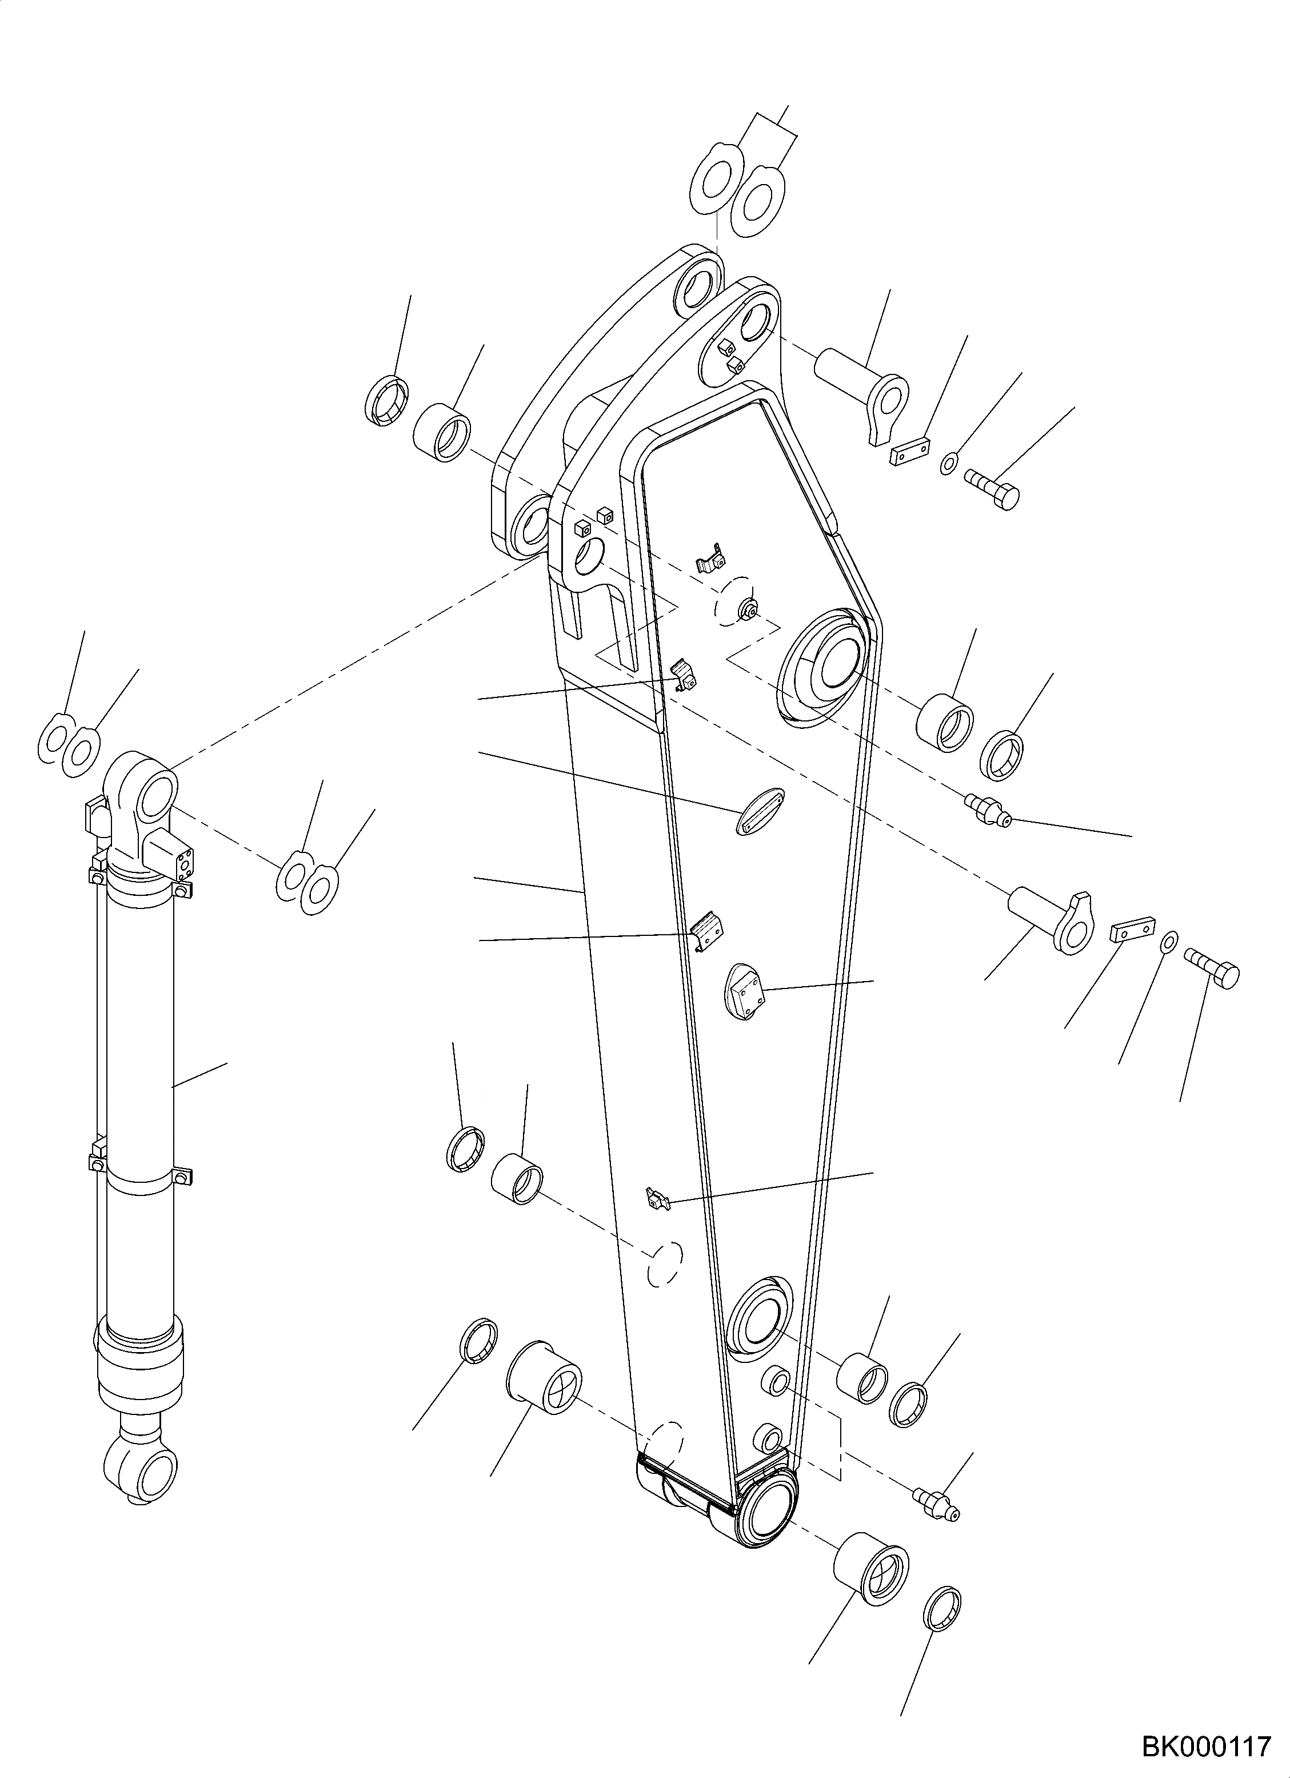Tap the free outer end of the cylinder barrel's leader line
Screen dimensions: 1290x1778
pos(227,1063)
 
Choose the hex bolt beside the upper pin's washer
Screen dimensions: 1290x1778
pos(992,488)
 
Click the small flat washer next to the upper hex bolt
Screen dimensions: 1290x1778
pos(948,463)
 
